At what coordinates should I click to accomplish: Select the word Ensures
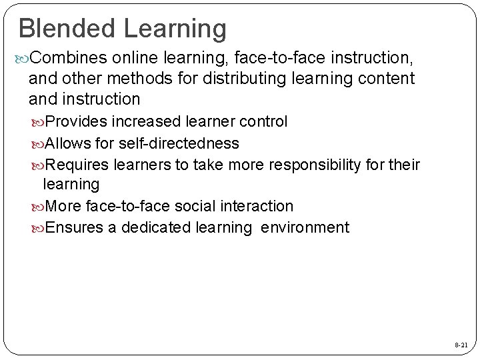[72, 227]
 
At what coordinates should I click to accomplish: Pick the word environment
[305, 227]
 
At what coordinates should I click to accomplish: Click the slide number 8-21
[460, 347]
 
